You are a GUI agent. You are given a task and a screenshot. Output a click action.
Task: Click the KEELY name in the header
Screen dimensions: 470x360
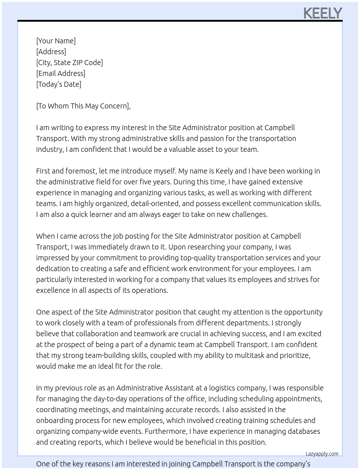[x=322, y=13]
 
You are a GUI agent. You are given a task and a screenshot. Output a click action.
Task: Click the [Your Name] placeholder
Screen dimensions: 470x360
[x=56, y=41]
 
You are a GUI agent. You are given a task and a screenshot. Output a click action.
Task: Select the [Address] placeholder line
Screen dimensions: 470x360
[x=51, y=52]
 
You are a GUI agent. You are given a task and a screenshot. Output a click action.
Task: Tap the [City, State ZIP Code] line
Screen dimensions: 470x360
[x=69, y=63]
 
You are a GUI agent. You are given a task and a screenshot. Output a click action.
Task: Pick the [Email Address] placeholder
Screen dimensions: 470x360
[x=61, y=73]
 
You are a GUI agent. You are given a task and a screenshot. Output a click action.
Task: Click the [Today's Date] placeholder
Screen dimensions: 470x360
[x=59, y=84]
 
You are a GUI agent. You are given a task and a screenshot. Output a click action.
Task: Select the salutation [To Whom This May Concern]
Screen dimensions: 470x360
[x=83, y=106]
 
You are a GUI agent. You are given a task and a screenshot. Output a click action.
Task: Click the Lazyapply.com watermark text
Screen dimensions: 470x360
[x=322, y=454]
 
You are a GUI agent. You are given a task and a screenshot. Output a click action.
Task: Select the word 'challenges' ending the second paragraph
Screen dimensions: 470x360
[x=249, y=214]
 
